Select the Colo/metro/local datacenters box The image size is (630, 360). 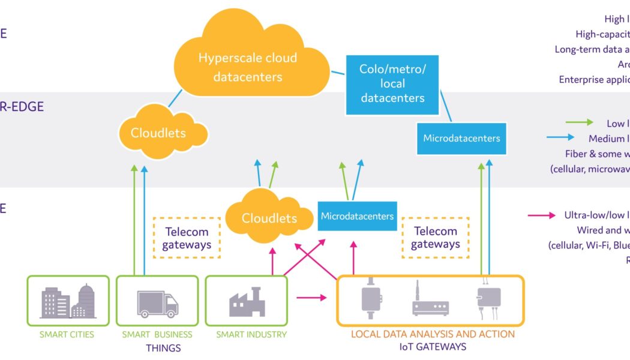pos(392,83)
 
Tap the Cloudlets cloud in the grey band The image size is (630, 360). pos(158,133)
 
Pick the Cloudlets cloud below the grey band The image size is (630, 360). pos(269,218)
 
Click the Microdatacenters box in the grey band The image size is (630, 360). pos(461,138)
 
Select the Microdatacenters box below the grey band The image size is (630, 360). pos(357,216)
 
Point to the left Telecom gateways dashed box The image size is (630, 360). pos(187,238)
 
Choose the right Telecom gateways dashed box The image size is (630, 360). pos(436,238)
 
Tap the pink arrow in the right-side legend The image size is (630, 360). pos(541,215)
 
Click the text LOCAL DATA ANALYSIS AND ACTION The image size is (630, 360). pos(433,334)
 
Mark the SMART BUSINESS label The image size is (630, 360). pos(157,334)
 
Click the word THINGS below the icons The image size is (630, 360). pos(163,347)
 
